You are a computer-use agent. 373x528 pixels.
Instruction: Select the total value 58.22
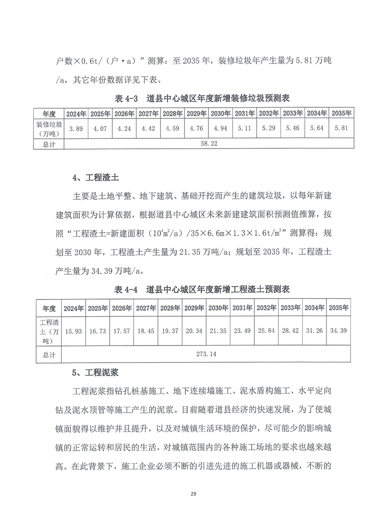coord(208,144)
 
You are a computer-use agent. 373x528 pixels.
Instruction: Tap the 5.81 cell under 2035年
coord(341,128)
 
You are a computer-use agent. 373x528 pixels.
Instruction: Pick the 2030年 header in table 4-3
coord(220,113)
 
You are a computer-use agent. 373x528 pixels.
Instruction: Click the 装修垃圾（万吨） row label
coord(49,128)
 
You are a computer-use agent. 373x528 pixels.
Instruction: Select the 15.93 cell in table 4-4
coord(74,331)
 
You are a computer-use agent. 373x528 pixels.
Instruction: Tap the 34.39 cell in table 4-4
coord(339,331)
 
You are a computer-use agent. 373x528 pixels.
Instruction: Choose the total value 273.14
coord(206,354)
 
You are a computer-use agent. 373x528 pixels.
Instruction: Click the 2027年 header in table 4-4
coord(146,308)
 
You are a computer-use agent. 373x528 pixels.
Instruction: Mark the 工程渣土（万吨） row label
coord(49,331)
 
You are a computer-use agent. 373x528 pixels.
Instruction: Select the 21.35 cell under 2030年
coord(218,331)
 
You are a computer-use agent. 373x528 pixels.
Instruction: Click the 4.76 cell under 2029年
coord(196,128)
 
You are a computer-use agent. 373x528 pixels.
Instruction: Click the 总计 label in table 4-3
coord(49,144)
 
